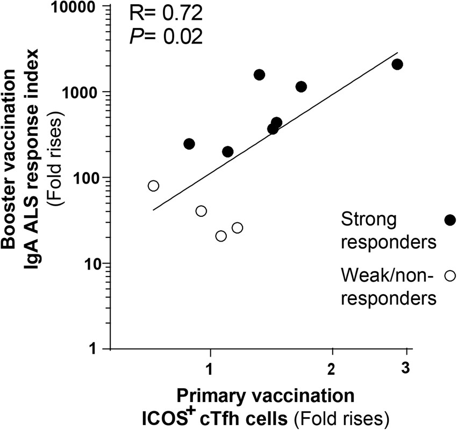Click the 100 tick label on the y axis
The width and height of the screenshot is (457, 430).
(84, 178)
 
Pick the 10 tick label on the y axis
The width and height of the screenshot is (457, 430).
(90, 264)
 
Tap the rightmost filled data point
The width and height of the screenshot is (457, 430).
(397, 64)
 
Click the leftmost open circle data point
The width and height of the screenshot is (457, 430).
(153, 186)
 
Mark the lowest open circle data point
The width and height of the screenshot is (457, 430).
(221, 236)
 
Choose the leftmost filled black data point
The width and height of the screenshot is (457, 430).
(189, 144)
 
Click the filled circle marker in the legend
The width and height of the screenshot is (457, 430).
(450, 220)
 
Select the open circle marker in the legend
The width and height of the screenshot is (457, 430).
(450, 276)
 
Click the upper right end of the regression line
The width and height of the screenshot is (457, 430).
(397, 53)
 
